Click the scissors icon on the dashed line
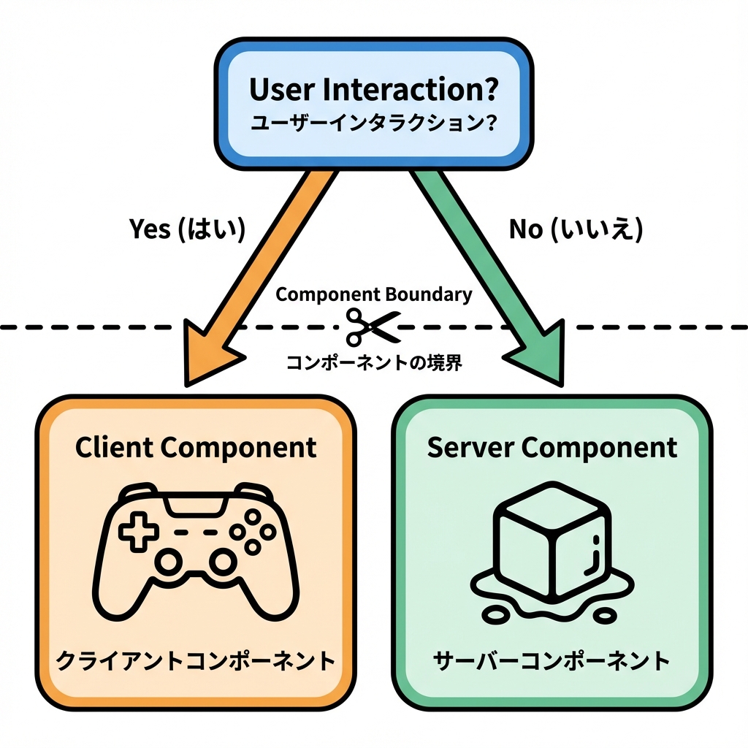[373, 327]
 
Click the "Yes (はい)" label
[188, 229]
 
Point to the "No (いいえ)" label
[576, 229]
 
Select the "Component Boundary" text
[374, 294]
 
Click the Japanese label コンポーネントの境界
[374, 363]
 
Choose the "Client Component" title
[196, 447]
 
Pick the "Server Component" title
[552, 447]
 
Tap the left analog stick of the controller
[169, 562]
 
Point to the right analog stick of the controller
[221, 562]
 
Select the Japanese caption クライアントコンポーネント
[196, 662]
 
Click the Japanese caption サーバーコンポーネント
[552, 662]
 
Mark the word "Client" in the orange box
[114, 447]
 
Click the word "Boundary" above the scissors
[427, 294]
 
